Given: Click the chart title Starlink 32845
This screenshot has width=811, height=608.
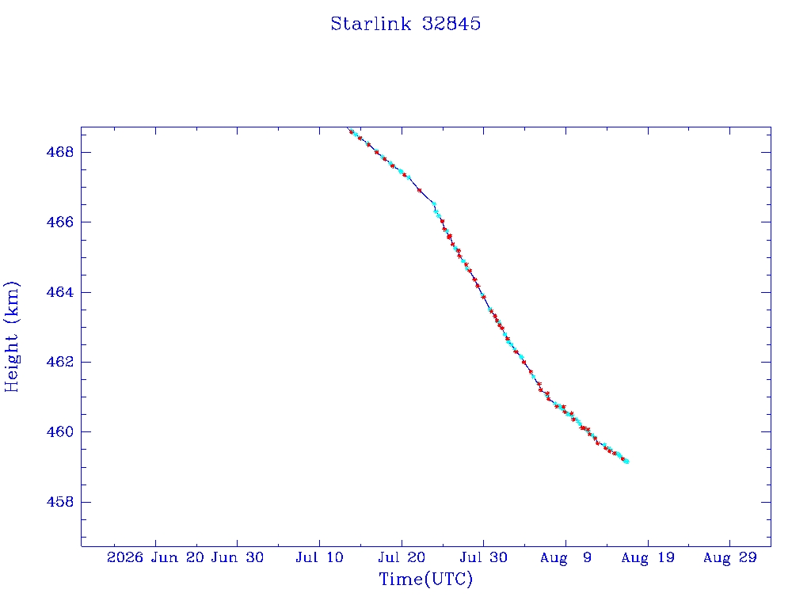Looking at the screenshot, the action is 405,24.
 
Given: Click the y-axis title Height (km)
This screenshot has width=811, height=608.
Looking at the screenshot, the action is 11,336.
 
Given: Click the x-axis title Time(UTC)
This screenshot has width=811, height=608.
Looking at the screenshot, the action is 425,579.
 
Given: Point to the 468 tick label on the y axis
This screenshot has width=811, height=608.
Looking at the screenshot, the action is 60,152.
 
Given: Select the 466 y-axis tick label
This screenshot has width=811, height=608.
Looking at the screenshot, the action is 60,222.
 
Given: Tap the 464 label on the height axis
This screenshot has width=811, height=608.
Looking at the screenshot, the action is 60,292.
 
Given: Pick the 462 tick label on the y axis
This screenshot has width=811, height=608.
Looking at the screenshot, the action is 60,362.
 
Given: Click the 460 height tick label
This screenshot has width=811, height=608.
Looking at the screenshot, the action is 60,431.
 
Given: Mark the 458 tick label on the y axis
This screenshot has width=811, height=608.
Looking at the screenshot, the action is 60,501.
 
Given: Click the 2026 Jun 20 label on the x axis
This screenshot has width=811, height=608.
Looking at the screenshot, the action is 156,557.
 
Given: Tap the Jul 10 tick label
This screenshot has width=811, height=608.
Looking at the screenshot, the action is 320,557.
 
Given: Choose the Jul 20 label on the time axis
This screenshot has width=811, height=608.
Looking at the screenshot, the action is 402,557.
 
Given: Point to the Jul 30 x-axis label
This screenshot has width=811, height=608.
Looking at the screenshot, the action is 484,557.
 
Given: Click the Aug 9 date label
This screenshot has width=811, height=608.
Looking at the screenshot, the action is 565,557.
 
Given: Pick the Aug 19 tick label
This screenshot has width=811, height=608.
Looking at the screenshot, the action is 648,557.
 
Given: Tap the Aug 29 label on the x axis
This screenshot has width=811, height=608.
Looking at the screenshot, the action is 729,557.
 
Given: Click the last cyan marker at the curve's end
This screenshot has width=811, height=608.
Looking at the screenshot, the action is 627,462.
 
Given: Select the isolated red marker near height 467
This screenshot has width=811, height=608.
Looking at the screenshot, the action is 420,190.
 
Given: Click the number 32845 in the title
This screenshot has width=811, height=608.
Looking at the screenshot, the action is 451,24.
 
